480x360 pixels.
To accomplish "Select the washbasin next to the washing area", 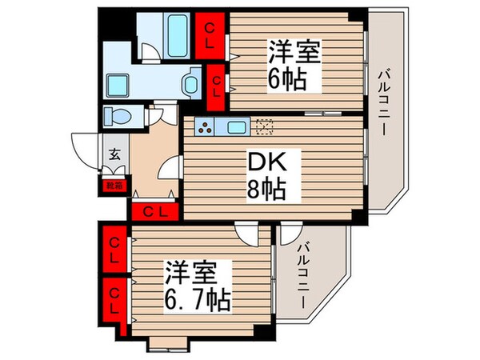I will [191, 82].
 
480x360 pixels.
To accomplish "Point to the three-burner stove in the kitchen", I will [206, 126].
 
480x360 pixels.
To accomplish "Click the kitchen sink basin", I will [238, 126].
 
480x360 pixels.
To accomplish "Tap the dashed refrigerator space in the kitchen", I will [265, 126].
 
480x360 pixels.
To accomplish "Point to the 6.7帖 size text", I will [198, 300].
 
